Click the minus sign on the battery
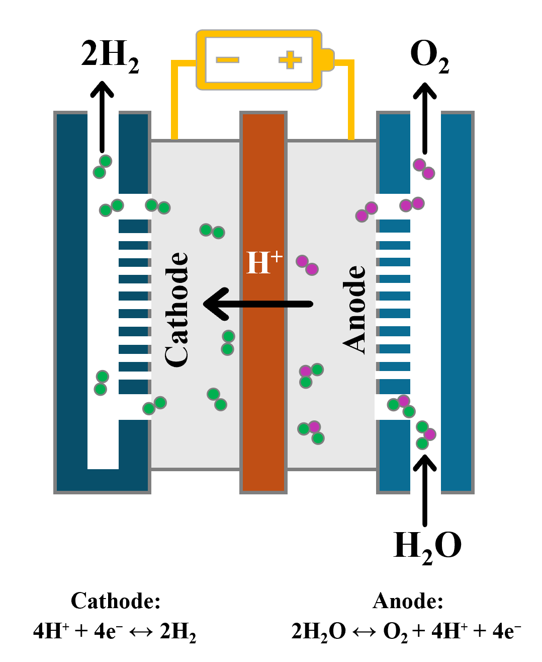tap(227, 59)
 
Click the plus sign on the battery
tap(290, 59)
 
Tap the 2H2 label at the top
tap(110, 56)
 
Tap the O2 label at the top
tap(429, 56)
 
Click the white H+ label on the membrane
tap(264, 262)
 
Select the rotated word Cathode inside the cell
tap(176, 310)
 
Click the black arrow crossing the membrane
tap(258, 304)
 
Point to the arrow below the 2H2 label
tap(102, 117)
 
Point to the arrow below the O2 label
tap(425, 118)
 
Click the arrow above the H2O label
tap(425, 490)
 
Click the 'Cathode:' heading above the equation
tap(116, 601)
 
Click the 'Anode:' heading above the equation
tap(408, 601)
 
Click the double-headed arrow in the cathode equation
tap(141, 632)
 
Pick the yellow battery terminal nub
tap(327, 60)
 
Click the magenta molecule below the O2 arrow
tap(424, 169)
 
